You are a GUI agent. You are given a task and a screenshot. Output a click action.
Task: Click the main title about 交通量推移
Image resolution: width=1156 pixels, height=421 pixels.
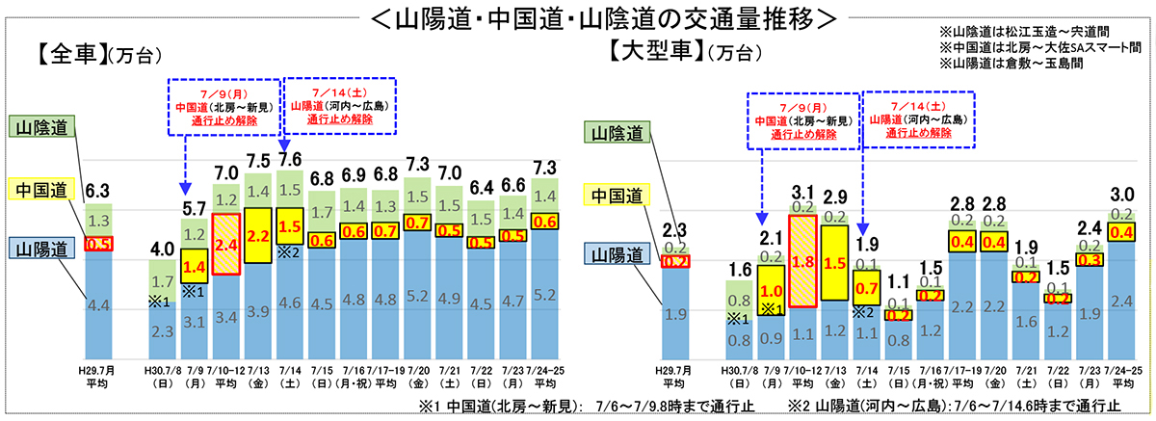pyautogui.click(x=579, y=18)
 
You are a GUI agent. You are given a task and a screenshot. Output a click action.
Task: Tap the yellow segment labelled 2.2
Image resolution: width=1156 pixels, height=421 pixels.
pyautogui.click(x=257, y=234)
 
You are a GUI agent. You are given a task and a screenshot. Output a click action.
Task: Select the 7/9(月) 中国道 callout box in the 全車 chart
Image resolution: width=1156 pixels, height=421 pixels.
pyautogui.click(x=223, y=105)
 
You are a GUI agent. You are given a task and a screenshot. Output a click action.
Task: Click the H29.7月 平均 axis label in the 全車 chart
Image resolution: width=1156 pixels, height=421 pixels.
pyautogui.click(x=98, y=376)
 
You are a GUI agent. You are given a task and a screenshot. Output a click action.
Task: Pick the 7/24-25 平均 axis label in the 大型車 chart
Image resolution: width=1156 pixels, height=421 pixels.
pyautogui.click(x=1122, y=376)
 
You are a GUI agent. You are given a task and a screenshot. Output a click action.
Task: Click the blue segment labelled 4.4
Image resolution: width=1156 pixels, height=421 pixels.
pyautogui.click(x=98, y=305)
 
